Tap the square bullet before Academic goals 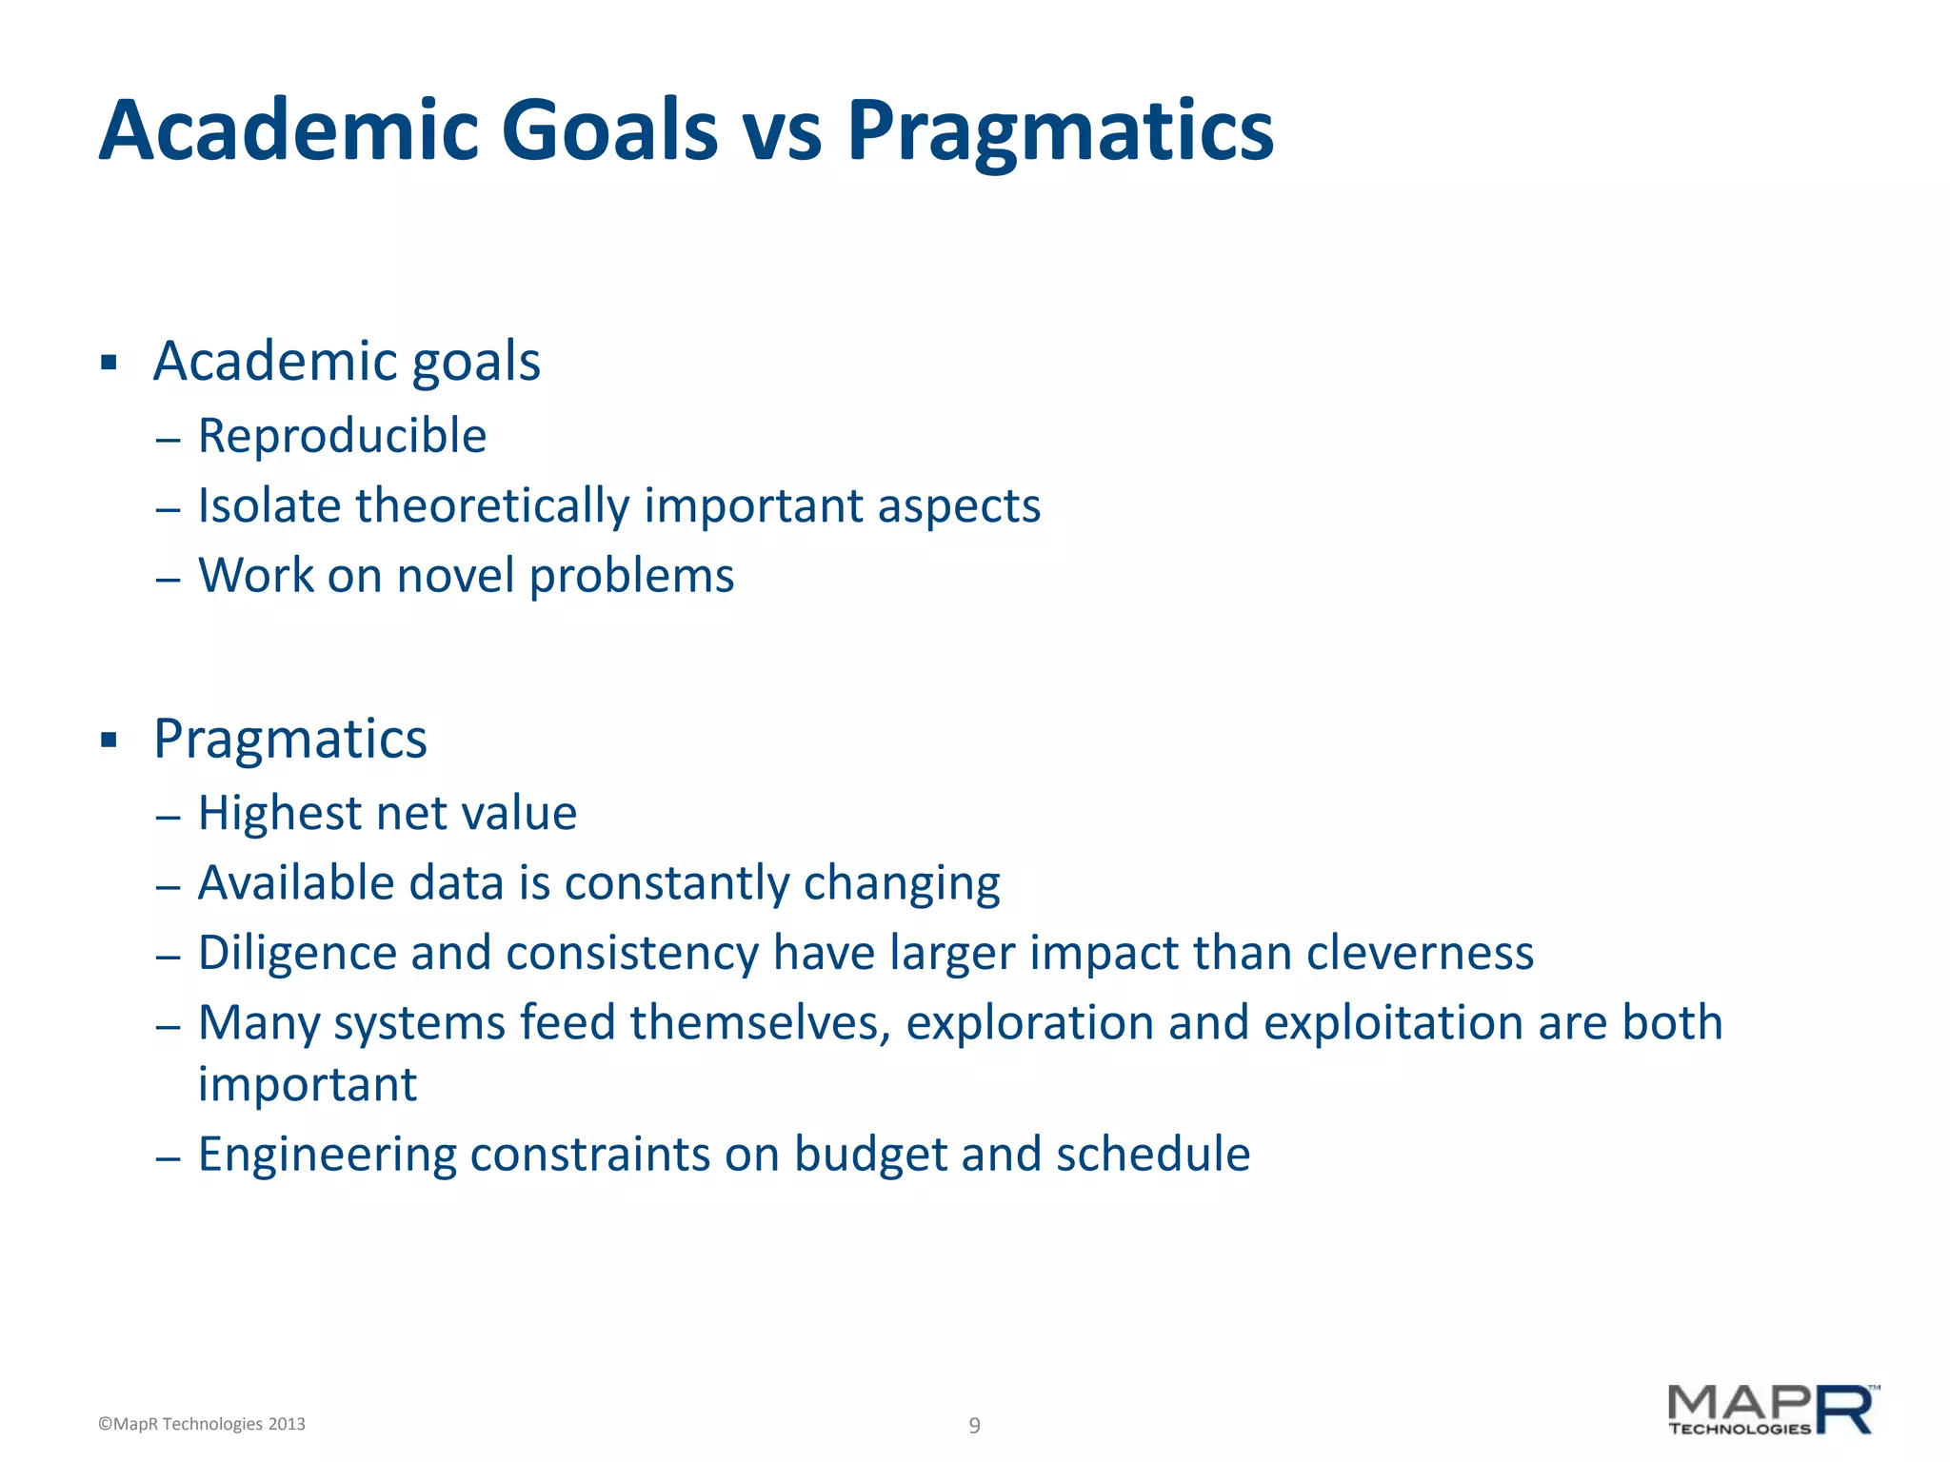pos(109,362)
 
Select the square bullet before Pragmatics pos(109,740)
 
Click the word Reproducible pos(342,436)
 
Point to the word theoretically pos(492,505)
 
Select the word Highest pos(280,814)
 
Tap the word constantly pos(677,883)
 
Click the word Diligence pos(297,953)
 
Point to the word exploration pos(1029,1023)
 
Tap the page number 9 pos(974,1425)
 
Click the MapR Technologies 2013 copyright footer pos(202,1424)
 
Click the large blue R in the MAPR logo pos(1844,1411)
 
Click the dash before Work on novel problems pos(168,579)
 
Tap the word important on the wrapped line pos(308,1085)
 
